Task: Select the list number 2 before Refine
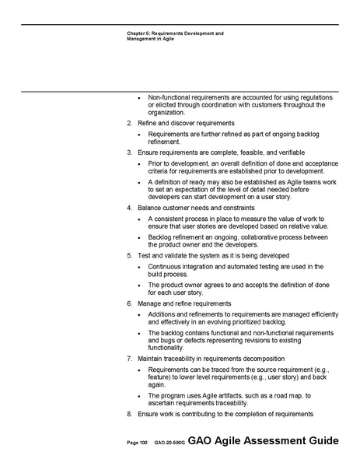(129, 124)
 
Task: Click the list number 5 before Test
(129, 255)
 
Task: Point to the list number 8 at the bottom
(129, 414)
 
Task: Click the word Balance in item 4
(151, 208)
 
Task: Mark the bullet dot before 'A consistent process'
(138, 220)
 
